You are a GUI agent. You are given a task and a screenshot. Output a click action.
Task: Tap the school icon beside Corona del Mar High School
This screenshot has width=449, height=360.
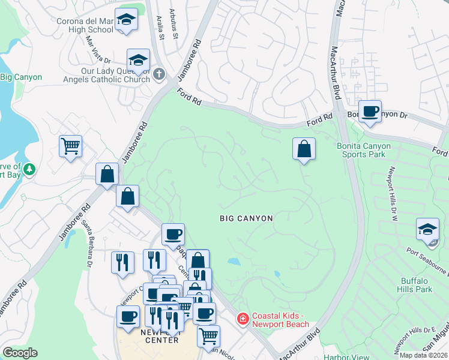pyautogui.click(x=126, y=21)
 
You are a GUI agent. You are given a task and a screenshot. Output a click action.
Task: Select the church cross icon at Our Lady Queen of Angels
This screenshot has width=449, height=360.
pyautogui.click(x=158, y=74)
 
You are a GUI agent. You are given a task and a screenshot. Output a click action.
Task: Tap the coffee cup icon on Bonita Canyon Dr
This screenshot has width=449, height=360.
pyautogui.click(x=370, y=111)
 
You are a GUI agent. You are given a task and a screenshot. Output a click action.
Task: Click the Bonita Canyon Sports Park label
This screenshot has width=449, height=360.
pyautogui.click(x=363, y=150)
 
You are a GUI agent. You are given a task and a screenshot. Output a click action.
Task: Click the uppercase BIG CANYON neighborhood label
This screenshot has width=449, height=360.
pyautogui.click(x=246, y=219)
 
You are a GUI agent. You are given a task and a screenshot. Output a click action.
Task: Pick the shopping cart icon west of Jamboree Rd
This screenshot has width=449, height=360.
pyautogui.click(x=71, y=145)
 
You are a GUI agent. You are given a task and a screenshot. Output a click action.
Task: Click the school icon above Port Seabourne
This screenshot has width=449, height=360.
pyautogui.click(x=428, y=230)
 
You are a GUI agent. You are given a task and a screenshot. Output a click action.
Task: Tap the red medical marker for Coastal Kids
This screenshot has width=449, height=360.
pyautogui.click(x=243, y=318)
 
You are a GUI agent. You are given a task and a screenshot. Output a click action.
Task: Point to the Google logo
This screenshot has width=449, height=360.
pyautogui.click(x=20, y=353)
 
